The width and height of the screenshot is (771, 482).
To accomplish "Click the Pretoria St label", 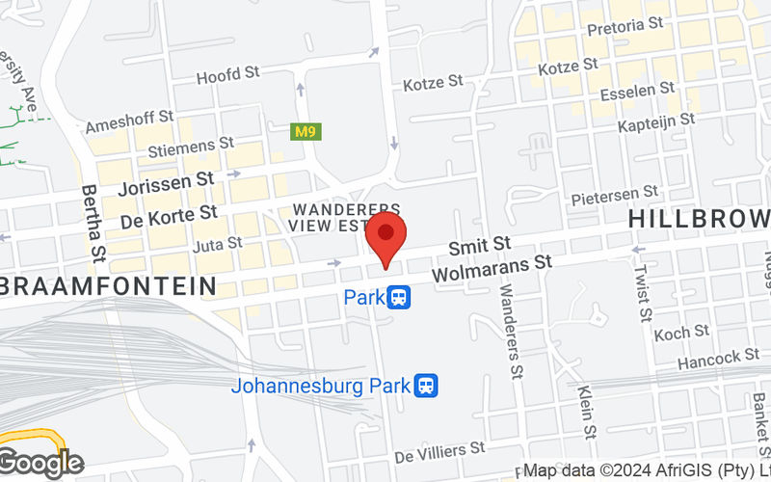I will [x=625, y=21].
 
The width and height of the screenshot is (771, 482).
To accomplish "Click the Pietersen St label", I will [x=614, y=197].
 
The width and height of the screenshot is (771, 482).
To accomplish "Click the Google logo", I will [x=41, y=464].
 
